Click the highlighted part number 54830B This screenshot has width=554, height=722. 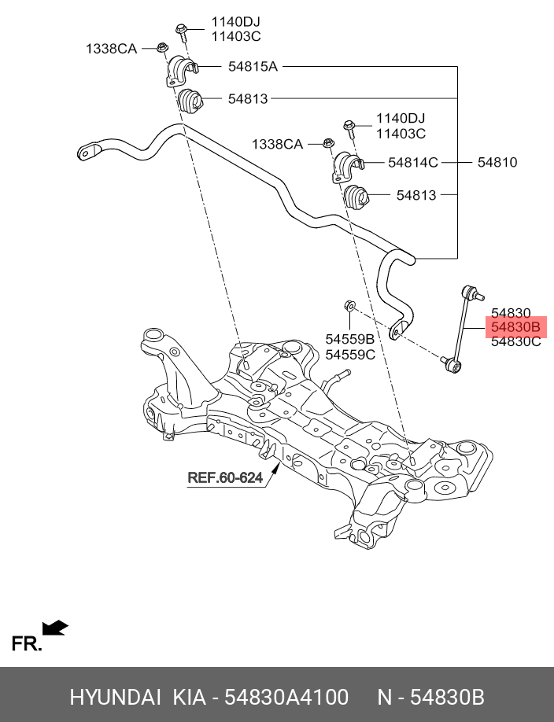515,327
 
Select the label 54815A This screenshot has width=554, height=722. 253,68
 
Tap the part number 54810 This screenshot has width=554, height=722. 497,163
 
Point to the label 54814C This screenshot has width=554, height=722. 412,163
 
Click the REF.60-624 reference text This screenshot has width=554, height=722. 224,477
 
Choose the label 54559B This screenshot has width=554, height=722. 349,339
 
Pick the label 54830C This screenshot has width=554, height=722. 515,342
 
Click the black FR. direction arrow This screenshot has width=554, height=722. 55,628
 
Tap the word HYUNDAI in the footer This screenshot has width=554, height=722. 115,698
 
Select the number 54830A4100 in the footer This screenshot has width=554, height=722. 286,698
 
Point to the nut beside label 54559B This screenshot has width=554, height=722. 350,305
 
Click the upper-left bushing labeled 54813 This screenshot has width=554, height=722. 189,101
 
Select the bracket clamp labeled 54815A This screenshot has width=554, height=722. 180,70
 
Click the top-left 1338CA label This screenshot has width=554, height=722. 111,49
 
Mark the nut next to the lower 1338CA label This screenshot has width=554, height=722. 327,143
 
